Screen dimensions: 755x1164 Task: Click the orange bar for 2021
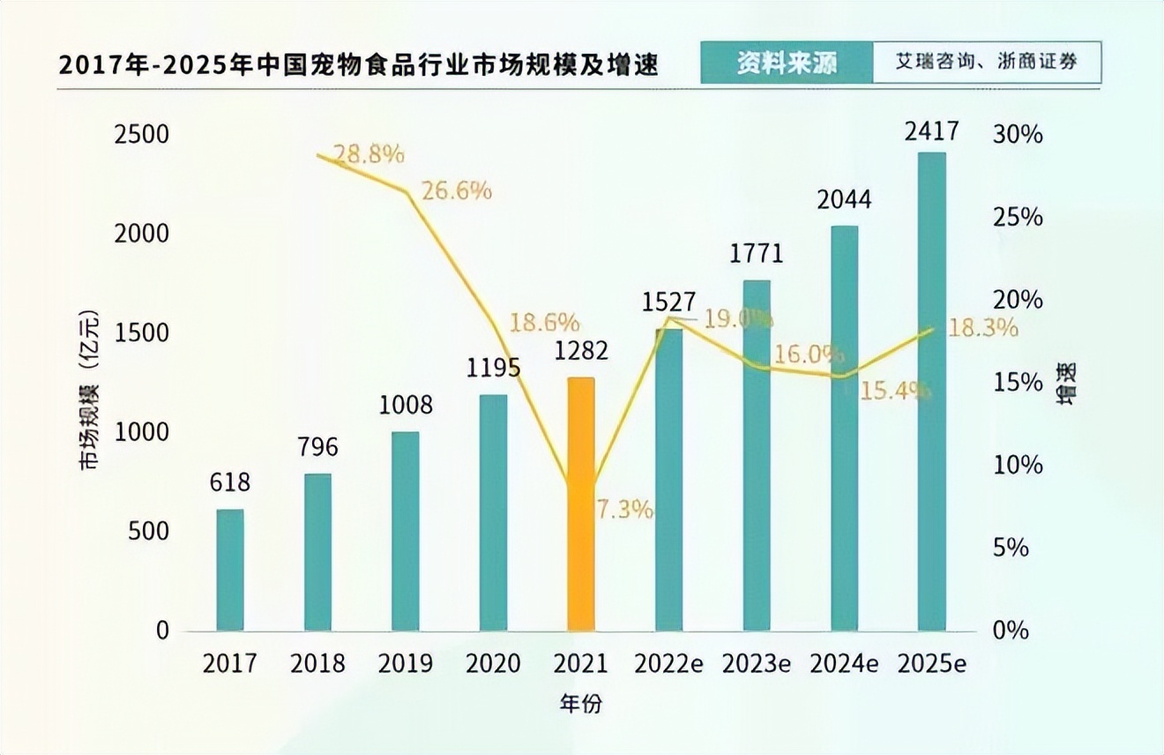581,505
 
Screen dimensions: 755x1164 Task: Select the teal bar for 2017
230,570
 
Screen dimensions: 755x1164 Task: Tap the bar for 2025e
931,392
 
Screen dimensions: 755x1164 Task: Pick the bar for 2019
406,532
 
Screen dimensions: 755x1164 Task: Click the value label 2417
931,132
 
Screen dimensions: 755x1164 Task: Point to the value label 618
230,483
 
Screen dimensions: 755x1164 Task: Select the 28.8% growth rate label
369,155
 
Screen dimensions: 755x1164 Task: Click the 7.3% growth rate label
624,509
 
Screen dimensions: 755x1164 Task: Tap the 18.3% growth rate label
983,328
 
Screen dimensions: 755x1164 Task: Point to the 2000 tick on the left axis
141,234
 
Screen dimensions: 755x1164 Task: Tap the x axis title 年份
581,703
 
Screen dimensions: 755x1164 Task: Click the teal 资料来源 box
787,64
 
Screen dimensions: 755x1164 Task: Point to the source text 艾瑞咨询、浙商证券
987,64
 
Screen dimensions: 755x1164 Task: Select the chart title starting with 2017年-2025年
359,66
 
